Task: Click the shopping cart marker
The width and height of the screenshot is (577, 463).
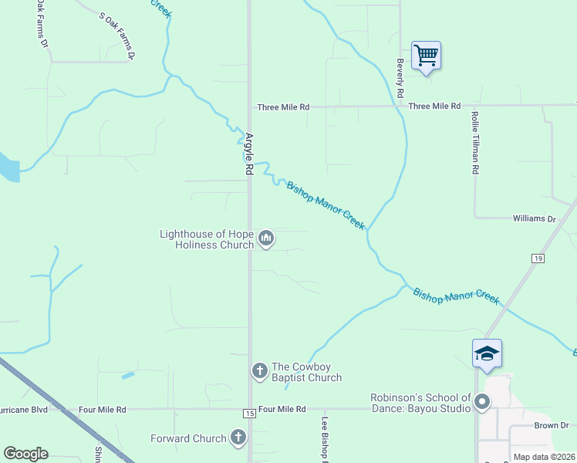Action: click(426, 56)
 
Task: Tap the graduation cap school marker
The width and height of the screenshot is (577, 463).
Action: click(487, 354)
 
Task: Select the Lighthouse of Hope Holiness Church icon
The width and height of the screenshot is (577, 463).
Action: click(266, 239)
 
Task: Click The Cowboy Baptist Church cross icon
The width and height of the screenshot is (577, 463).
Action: click(260, 371)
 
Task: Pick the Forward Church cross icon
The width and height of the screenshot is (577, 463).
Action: click(238, 438)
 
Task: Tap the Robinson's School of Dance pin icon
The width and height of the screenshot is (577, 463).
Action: click(483, 401)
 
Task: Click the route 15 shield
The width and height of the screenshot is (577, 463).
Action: click(248, 414)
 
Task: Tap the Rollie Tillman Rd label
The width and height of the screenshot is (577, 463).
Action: click(475, 141)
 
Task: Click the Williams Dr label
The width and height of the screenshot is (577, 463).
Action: click(534, 219)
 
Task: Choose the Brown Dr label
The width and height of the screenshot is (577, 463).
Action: click(550, 426)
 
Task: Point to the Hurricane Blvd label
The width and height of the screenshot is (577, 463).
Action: click(23, 410)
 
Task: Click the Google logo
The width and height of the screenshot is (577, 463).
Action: click(25, 454)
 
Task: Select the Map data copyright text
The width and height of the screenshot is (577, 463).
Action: click(544, 457)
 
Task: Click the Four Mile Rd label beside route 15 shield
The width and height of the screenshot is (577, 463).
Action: click(282, 409)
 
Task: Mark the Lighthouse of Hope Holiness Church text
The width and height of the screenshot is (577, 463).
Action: click(207, 239)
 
